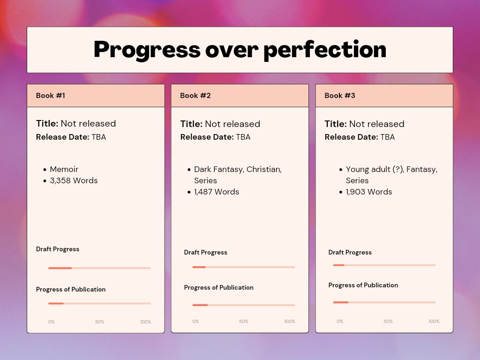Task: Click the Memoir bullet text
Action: [64, 169]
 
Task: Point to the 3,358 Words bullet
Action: [74, 180]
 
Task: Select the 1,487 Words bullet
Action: [217, 192]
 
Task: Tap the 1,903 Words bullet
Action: [369, 192]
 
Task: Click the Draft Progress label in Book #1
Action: [58, 249]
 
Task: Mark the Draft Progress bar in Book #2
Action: [243, 267]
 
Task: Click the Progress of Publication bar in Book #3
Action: [384, 302]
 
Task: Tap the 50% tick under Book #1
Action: [100, 322]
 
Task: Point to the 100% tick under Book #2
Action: [290, 322]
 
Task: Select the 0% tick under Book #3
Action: [340, 322]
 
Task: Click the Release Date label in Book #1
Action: [62, 137]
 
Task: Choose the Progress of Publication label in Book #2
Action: [218, 287]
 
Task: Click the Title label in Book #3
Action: [336, 124]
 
